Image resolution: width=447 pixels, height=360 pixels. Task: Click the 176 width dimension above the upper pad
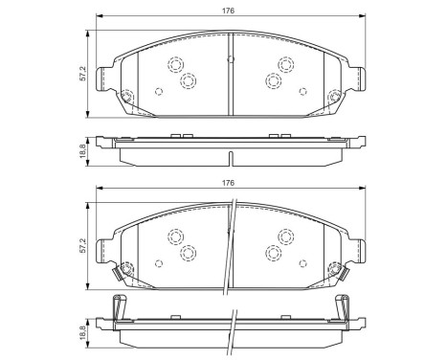231,11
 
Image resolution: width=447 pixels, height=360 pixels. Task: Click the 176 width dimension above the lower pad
231,183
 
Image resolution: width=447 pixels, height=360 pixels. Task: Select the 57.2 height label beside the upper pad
83,73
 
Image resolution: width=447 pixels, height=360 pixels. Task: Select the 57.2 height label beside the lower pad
83,245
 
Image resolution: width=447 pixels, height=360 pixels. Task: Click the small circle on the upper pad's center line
231,59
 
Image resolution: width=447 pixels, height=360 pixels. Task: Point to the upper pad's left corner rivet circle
126,95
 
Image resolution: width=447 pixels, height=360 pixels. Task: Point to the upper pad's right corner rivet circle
334,95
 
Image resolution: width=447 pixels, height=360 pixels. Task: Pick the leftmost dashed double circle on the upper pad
176,64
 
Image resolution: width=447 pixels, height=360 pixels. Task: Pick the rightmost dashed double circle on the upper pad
285,64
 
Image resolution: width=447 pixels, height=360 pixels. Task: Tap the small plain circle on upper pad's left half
159,92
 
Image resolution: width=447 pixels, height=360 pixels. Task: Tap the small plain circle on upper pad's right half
302,92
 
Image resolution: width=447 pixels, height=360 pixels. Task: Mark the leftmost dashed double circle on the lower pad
176,236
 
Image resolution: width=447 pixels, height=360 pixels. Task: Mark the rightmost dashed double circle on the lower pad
285,236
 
